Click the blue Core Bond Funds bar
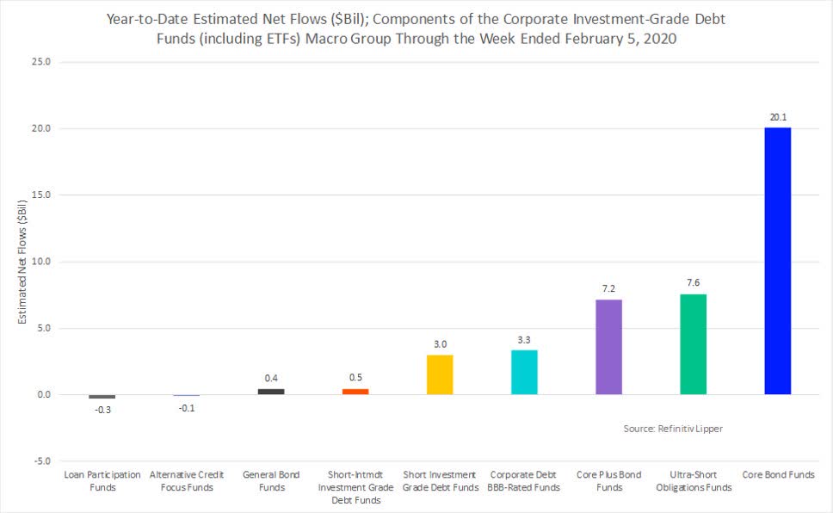pos(777,261)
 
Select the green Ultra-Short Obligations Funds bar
pos(693,344)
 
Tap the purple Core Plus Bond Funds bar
pos(608,347)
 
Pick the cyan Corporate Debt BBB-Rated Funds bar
pos(524,372)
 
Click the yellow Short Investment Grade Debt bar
pos(440,374)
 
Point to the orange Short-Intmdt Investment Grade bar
pos(355,392)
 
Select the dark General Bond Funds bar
pos(271,392)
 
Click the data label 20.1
pos(777,116)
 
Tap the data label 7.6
pos(693,282)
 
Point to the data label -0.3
pos(102,410)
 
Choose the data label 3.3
pos(524,339)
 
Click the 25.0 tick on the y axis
pos(42,63)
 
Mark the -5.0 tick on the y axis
pos(42,461)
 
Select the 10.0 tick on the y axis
pos(42,262)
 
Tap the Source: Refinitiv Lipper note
pos(673,428)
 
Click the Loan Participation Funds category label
pos(102,481)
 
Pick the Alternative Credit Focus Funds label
pos(187,481)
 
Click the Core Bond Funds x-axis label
pos(777,475)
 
